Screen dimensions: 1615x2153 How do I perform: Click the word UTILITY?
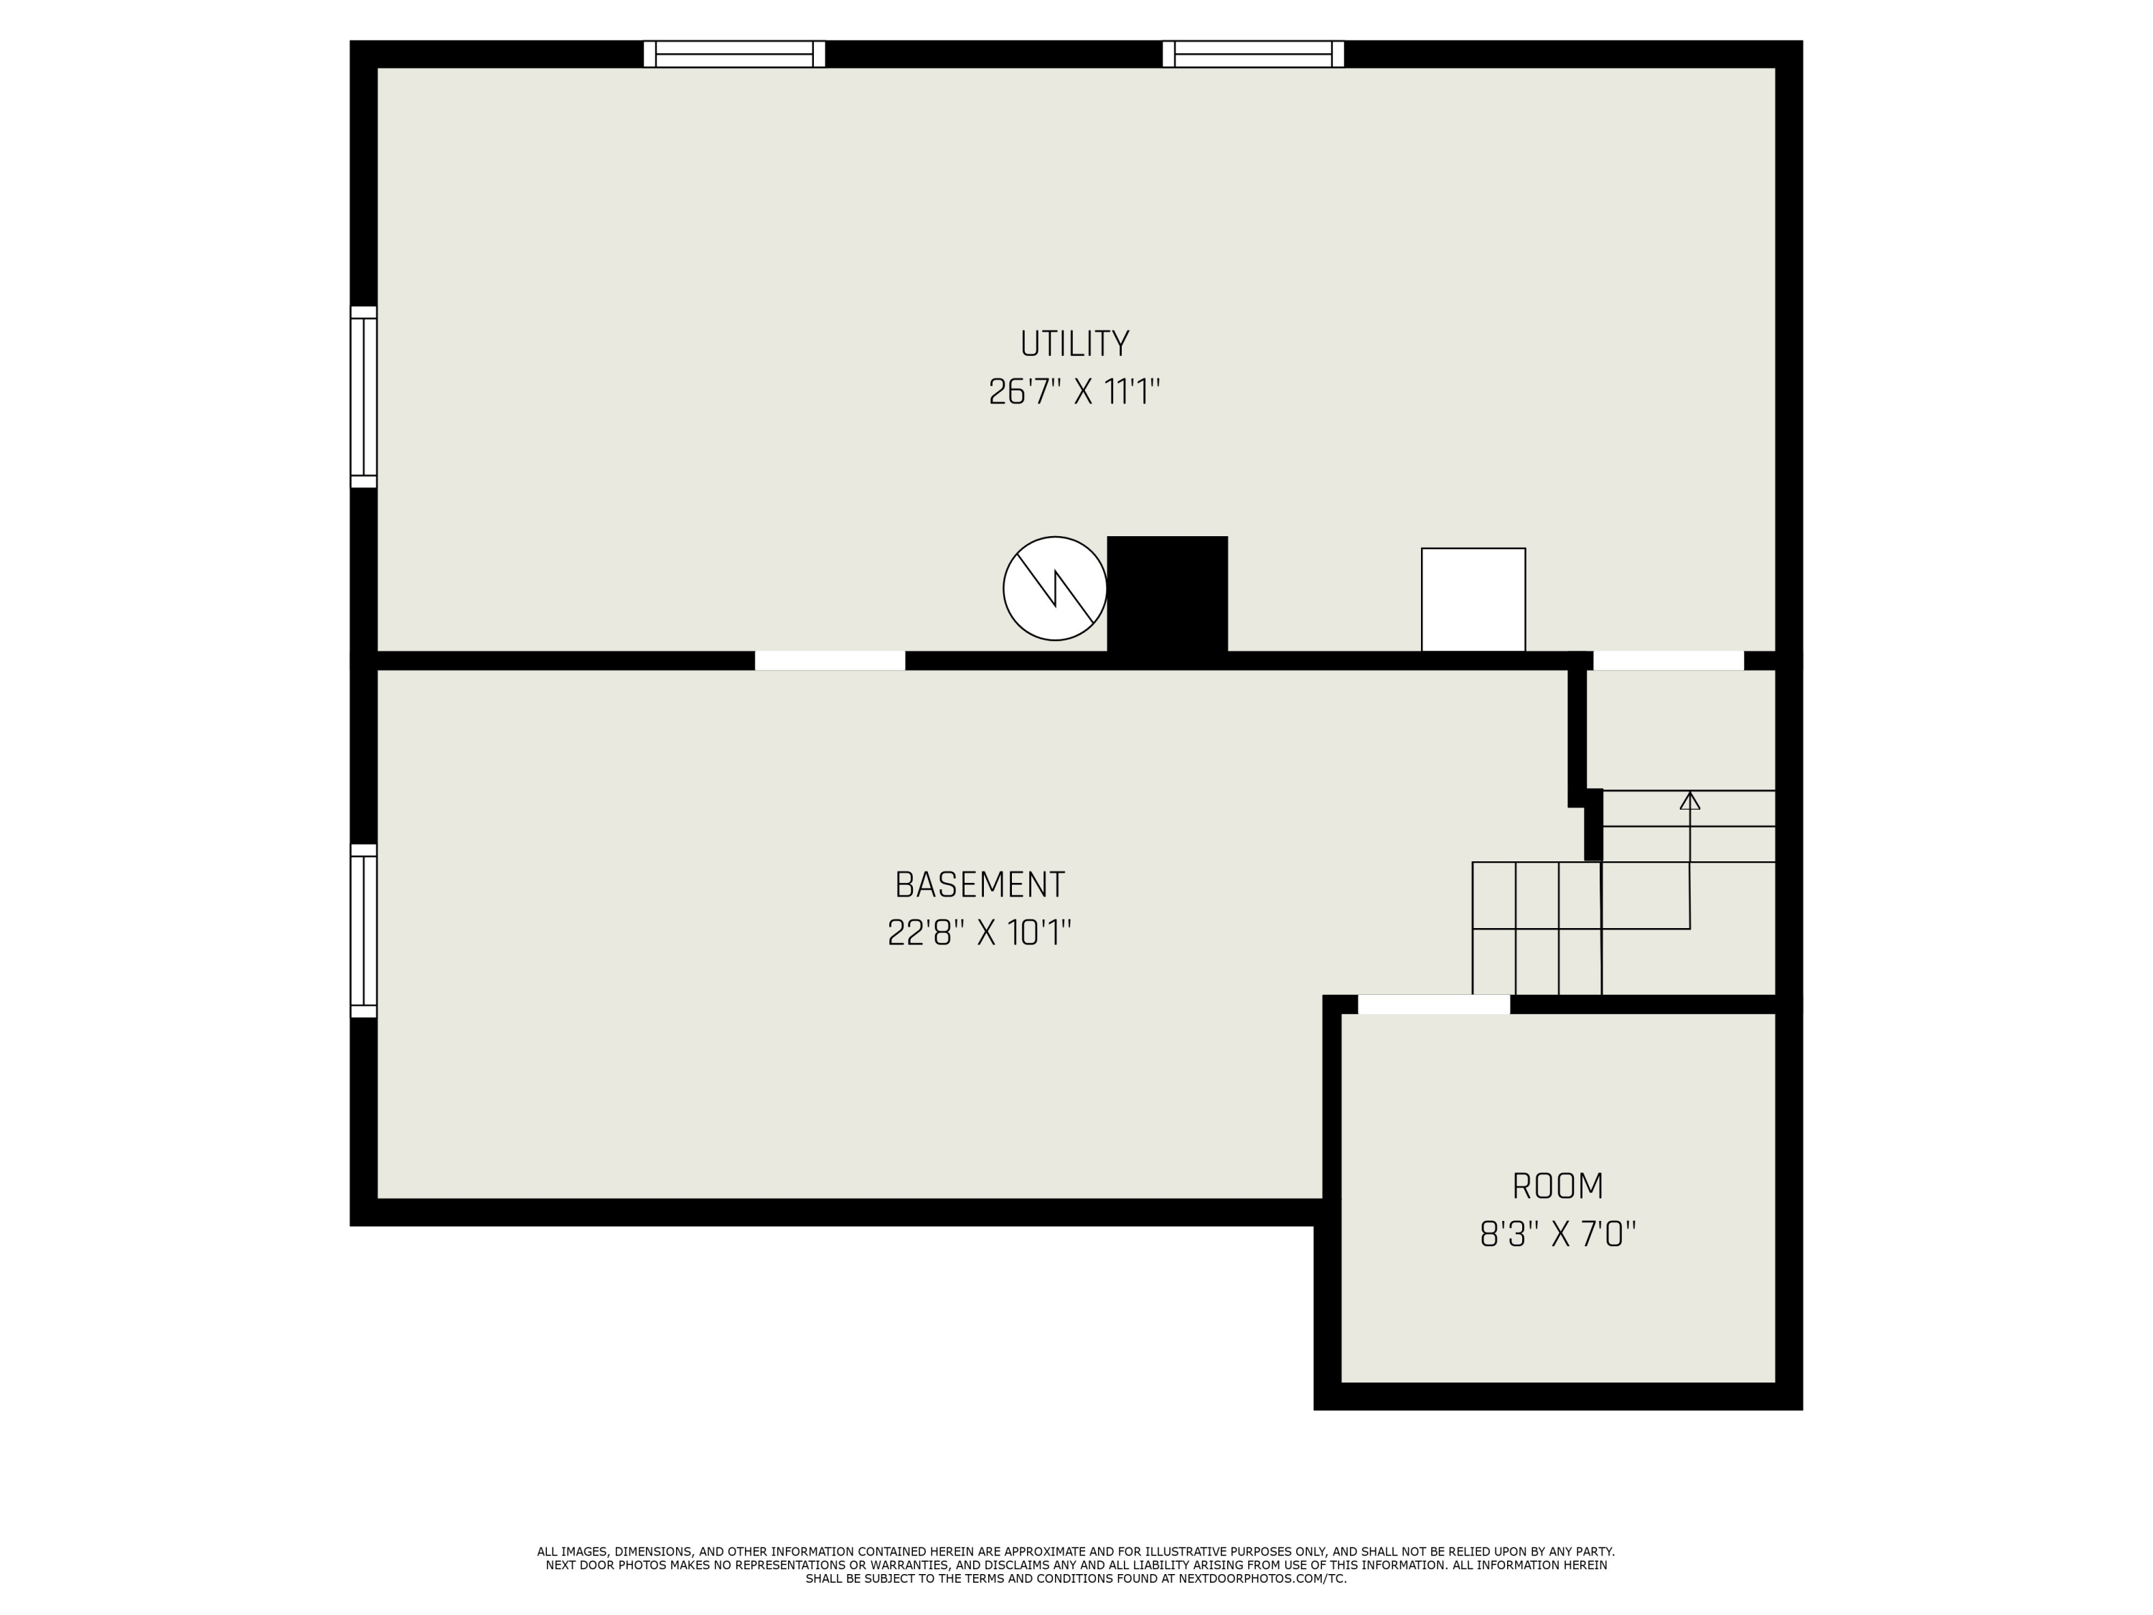click(1074, 344)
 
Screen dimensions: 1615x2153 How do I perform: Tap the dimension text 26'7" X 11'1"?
click(1074, 393)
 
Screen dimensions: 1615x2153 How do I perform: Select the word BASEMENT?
click(979, 885)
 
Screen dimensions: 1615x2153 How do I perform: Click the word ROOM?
click(1557, 1186)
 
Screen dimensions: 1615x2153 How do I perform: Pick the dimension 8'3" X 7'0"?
click(1557, 1235)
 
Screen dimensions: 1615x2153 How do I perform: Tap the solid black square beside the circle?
click(1167, 594)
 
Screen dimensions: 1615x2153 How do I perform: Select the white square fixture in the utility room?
click(1473, 599)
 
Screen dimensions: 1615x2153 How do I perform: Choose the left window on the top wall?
click(734, 54)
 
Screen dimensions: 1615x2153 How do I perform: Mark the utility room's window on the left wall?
click(363, 396)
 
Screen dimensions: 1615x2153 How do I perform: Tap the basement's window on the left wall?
click(363, 931)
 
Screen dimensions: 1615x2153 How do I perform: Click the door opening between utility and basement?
click(830, 660)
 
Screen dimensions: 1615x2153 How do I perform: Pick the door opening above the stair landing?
click(1667, 660)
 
